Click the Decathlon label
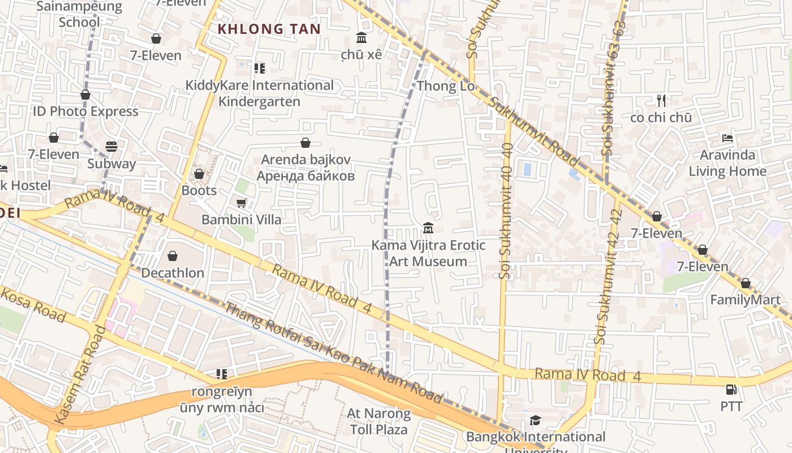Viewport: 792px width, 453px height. [173, 272]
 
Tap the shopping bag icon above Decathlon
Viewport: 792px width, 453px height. [173, 257]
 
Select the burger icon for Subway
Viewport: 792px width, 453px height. [111, 147]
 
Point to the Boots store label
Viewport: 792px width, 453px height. [199, 190]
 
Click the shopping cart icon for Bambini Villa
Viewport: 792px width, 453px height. [242, 203]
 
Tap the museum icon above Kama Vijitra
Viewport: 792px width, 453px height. [428, 228]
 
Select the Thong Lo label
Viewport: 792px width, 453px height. [445, 86]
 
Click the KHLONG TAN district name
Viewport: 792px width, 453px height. [269, 29]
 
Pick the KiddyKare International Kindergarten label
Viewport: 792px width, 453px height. [260, 93]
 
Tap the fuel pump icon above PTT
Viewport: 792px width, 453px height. [731, 390]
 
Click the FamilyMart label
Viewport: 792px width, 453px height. [745, 300]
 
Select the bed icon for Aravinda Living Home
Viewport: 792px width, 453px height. [728, 138]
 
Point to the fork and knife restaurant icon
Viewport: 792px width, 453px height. [661, 101]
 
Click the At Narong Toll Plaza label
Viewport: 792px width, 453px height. [378, 421]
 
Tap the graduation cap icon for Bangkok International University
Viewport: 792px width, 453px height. [535, 420]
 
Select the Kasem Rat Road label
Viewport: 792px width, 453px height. [80, 375]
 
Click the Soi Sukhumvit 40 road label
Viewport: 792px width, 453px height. [506, 211]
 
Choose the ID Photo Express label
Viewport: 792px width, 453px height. [85, 111]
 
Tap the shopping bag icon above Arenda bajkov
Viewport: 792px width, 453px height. [305, 143]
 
